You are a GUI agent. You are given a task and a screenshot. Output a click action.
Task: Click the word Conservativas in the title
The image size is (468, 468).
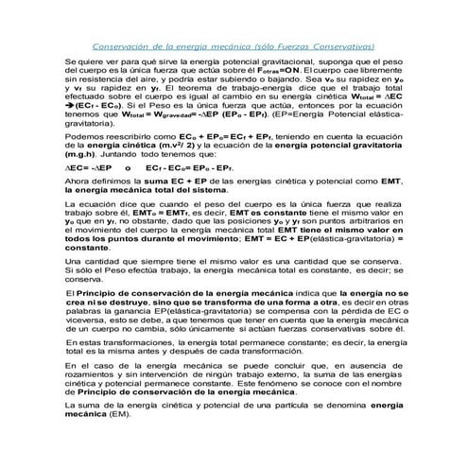pyautogui.click(x=345, y=45)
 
